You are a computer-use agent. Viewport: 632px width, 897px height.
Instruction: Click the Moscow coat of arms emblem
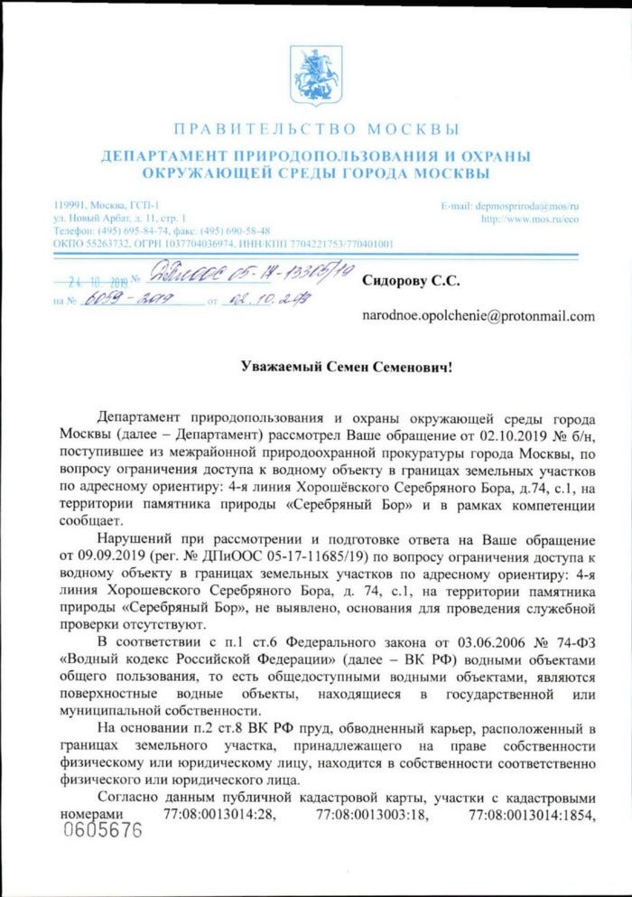point(315,71)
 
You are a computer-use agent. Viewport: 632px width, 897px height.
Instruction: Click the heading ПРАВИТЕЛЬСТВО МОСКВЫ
point(315,128)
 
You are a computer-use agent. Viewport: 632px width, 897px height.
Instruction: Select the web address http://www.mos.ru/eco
point(529,219)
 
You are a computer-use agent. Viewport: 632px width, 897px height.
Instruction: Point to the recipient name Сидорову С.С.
point(411,280)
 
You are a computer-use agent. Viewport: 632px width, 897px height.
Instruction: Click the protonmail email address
point(479,316)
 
